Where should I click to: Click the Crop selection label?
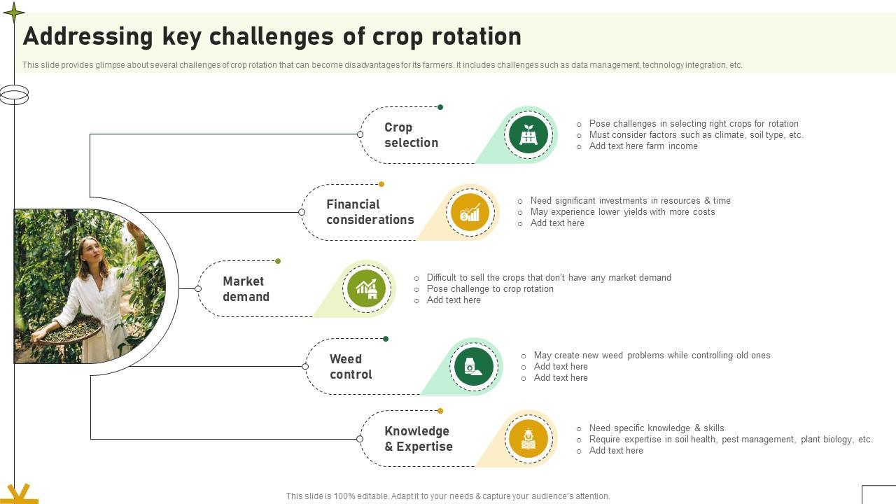coord(411,135)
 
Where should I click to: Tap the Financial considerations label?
coord(370,212)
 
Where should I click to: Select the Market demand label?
coord(246,289)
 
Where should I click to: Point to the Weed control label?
coord(351,367)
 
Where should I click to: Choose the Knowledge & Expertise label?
coord(418,439)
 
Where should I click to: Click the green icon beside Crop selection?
coord(528,134)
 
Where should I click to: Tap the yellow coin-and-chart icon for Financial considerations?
coord(470,212)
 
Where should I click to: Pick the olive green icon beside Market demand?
coord(367,288)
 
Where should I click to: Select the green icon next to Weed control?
coord(473,366)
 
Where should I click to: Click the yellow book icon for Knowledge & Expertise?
coord(528,439)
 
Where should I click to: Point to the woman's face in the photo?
coord(91,251)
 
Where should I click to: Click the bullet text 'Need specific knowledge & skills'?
coord(656,428)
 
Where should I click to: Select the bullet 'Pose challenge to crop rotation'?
coord(490,289)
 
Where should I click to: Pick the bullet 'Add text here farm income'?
coord(643,146)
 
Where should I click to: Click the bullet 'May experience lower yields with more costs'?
coord(622,212)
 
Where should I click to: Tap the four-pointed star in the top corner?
coord(13,12)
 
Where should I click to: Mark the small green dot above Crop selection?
coord(440,107)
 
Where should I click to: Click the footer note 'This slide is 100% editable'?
coord(448,496)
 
